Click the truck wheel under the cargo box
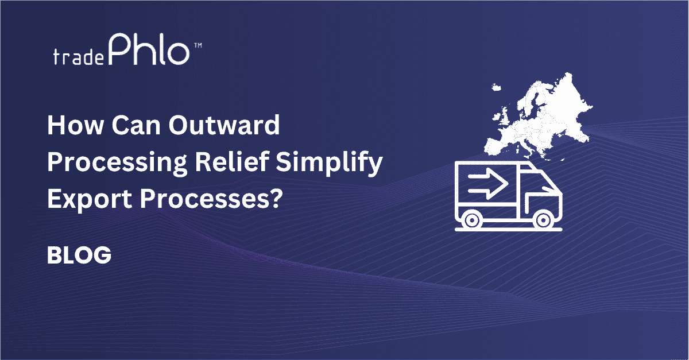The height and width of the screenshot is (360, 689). tap(473, 219)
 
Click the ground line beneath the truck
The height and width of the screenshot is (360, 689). tap(509, 230)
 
